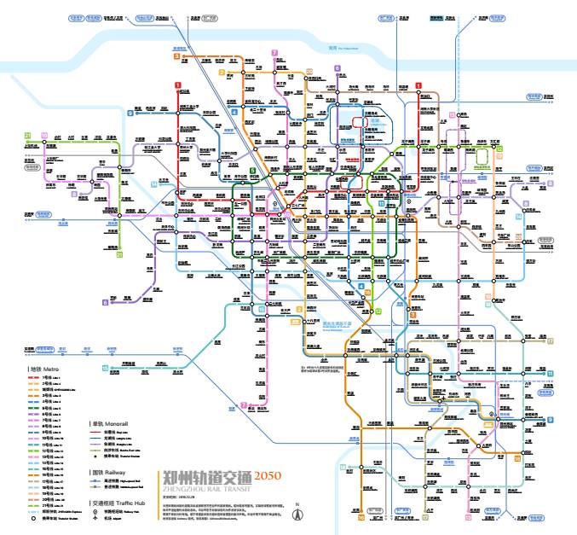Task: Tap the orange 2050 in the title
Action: click(x=267, y=475)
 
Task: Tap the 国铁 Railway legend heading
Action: click(x=107, y=471)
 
